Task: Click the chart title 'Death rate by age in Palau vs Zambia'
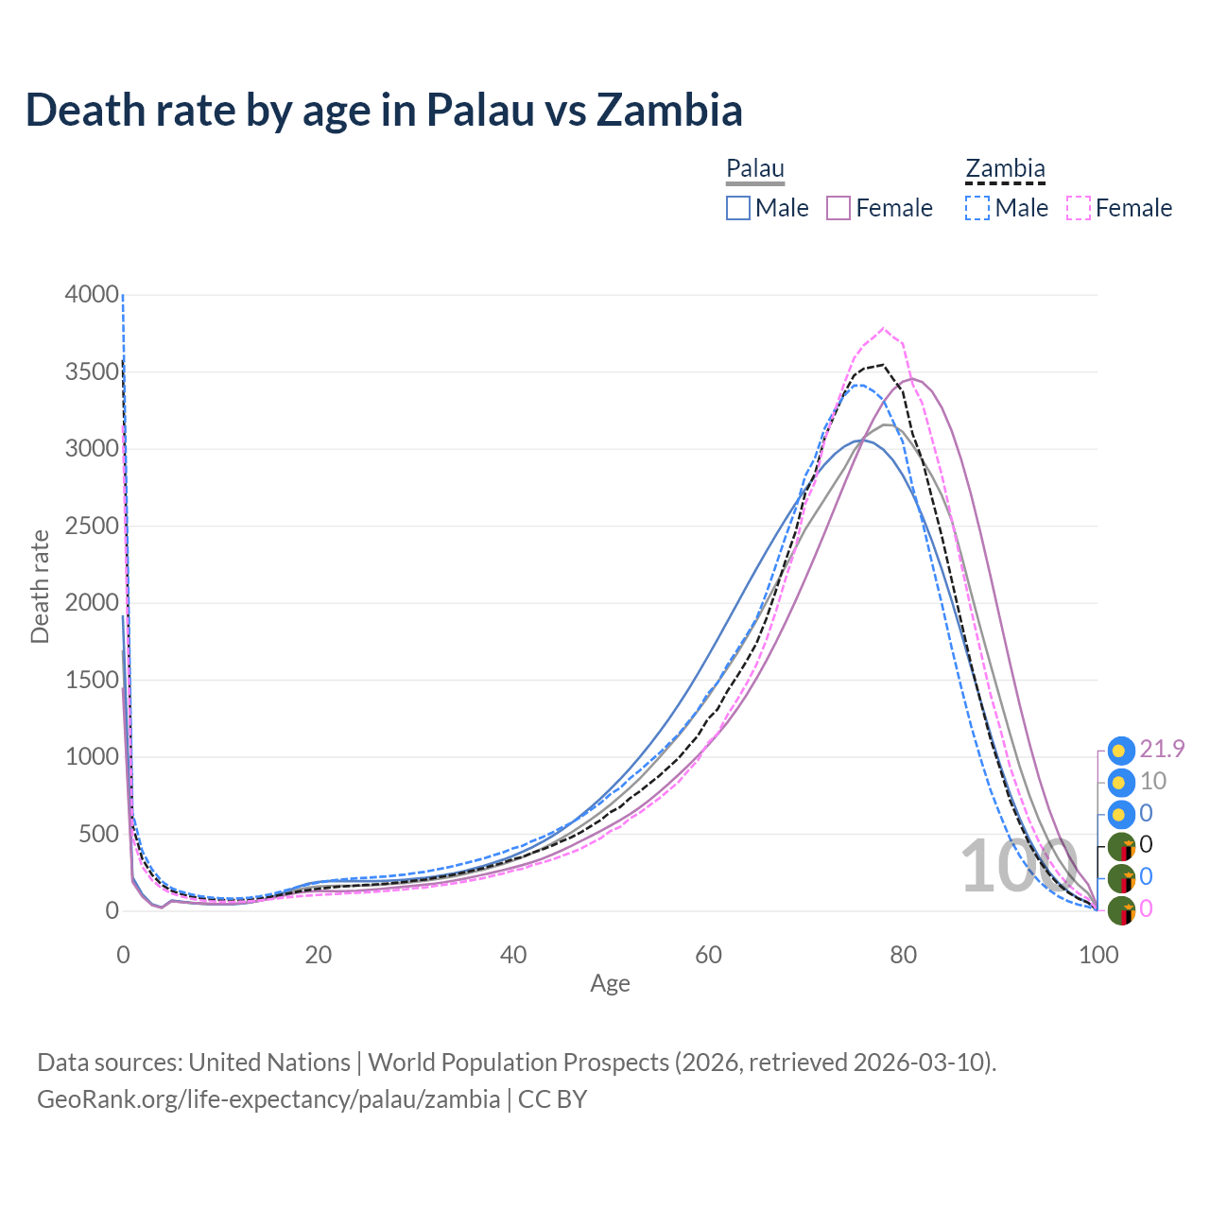pyautogui.click(x=384, y=110)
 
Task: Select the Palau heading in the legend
pyautogui.click(x=755, y=169)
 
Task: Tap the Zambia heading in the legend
pyautogui.click(x=1005, y=169)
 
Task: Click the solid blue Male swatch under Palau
pyautogui.click(x=738, y=208)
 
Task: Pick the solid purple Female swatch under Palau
pyautogui.click(x=839, y=208)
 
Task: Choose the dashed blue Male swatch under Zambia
pyautogui.click(x=978, y=208)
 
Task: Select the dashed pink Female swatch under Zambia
pyautogui.click(x=1079, y=208)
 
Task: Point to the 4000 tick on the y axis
pyautogui.click(x=92, y=295)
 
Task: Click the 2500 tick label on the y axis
pyautogui.click(x=92, y=526)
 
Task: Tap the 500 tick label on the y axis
pyautogui.click(x=98, y=834)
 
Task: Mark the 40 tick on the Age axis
pyautogui.click(x=513, y=955)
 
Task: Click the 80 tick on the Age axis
pyautogui.click(x=904, y=955)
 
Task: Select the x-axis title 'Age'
pyautogui.click(x=610, y=984)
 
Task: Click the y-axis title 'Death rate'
pyautogui.click(x=40, y=587)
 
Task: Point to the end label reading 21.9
pyautogui.click(x=1162, y=750)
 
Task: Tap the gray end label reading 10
pyautogui.click(x=1152, y=782)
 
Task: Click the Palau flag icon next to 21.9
pyautogui.click(x=1121, y=751)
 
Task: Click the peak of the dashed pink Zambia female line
pyautogui.click(x=884, y=329)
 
